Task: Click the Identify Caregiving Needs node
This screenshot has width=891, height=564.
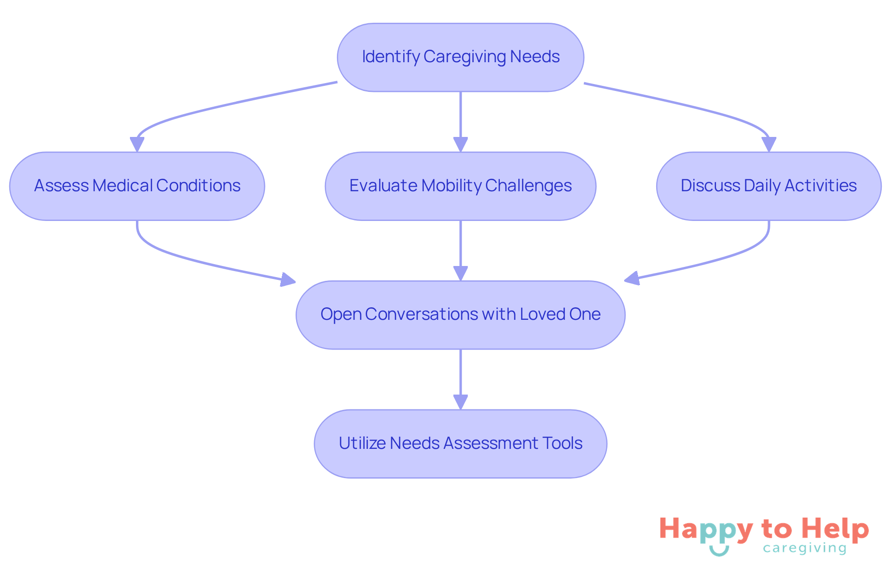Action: (x=460, y=57)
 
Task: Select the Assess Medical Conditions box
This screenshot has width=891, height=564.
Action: (x=137, y=186)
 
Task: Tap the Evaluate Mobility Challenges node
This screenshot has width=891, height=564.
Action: (x=460, y=186)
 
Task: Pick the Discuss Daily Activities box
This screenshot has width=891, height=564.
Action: (x=768, y=186)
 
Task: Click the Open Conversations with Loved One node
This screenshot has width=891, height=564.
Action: (x=460, y=315)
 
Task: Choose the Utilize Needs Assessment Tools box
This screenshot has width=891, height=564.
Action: (x=460, y=443)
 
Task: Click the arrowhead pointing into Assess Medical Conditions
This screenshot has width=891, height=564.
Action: (x=137, y=144)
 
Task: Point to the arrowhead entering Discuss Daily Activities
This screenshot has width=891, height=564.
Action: (x=769, y=144)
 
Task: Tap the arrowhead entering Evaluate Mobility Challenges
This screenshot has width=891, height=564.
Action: (x=460, y=144)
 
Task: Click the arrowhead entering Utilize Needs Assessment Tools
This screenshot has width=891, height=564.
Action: (x=460, y=402)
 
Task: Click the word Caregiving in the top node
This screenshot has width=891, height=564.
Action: (x=465, y=57)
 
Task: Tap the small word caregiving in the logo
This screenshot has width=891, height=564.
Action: (x=805, y=549)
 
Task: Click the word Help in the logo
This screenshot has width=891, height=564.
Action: (x=835, y=529)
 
